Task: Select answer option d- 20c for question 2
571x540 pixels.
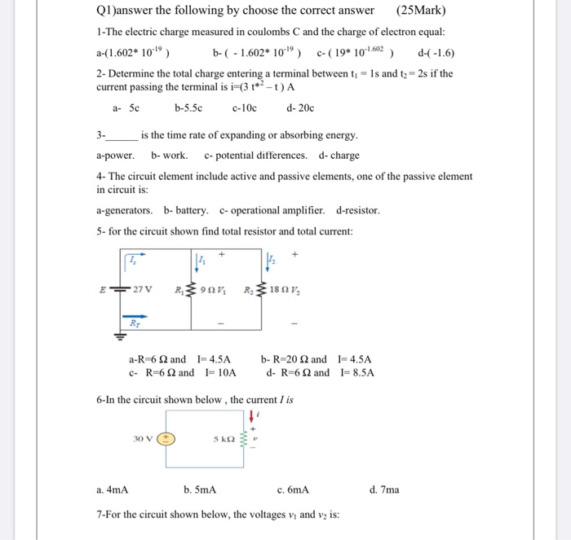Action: point(301,108)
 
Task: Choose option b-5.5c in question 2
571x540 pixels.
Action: point(188,108)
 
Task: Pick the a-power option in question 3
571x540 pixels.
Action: point(115,155)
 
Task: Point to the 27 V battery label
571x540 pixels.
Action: point(143,288)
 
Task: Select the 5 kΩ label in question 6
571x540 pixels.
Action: point(225,438)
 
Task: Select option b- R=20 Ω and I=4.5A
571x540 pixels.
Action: point(316,359)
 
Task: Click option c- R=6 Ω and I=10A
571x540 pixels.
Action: point(182,373)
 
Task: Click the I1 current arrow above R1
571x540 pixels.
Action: point(201,261)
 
